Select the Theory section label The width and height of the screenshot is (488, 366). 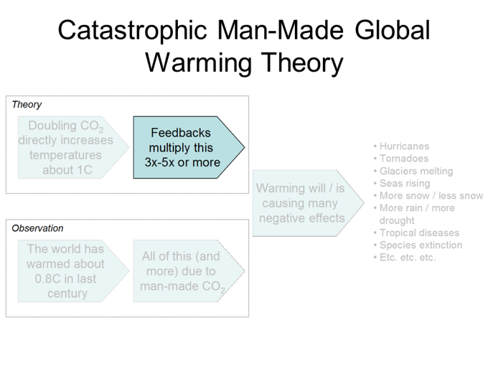click(27, 104)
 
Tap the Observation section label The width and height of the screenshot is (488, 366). click(37, 228)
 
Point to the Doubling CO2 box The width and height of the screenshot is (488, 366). click(65, 147)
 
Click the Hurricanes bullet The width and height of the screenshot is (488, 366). click(404, 147)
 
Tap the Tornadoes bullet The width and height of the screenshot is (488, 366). click(403, 159)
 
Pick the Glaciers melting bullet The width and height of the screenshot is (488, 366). click(416, 171)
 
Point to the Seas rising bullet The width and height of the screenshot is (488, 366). click(405, 184)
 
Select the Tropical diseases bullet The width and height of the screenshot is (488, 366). click(419, 233)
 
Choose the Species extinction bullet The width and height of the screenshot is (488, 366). click(421, 245)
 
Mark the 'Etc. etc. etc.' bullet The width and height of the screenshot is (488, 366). click(407, 257)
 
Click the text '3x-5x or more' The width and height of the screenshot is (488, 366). click(182, 162)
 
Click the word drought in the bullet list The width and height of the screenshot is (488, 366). click(397, 220)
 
